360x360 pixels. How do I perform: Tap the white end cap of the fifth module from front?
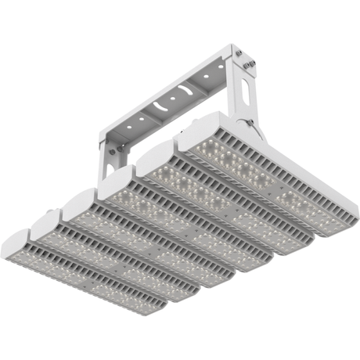157,160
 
